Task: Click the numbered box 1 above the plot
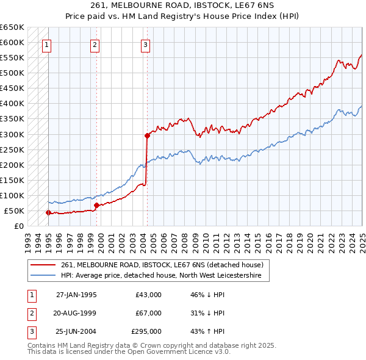pos(47,44)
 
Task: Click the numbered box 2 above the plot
pos(95,44)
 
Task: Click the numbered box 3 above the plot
pos(146,44)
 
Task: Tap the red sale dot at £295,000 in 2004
pos(147,135)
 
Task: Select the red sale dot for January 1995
pos(48,212)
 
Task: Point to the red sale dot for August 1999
pos(96,205)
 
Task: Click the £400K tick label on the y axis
pos(12,104)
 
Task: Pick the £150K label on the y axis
pos(12,180)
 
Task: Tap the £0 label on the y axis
pos(19,226)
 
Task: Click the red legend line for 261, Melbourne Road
pos(43,265)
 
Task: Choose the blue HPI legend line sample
pos(43,276)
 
